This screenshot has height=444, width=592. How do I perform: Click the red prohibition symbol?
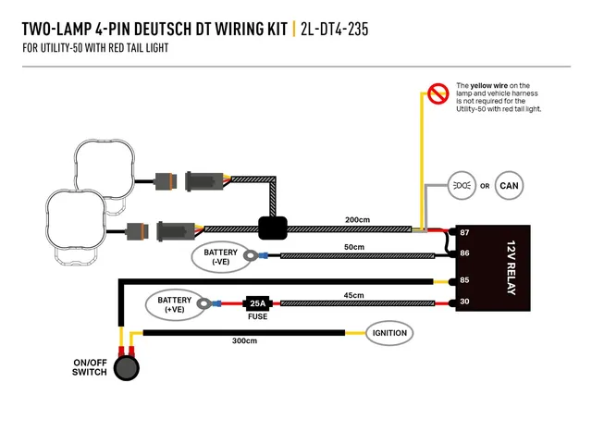(438, 93)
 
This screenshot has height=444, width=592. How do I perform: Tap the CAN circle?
(509, 185)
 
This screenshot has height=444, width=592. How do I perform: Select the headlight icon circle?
(462, 185)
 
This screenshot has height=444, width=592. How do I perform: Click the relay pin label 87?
(464, 232)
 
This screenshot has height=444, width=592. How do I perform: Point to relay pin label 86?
(464, 253)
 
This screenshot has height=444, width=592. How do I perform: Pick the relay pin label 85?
(464, 280)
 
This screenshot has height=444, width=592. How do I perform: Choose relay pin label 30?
(464, 302)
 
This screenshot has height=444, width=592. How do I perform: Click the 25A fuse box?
(257, 303)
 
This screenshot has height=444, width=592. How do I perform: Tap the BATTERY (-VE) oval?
(220, 257)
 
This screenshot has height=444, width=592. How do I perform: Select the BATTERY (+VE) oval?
(175, 304)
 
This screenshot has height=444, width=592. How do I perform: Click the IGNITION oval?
(389, 333)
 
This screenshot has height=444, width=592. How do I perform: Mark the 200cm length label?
(357, 220)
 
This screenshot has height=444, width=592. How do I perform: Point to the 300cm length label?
(244, 341)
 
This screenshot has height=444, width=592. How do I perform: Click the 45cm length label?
(353, 295)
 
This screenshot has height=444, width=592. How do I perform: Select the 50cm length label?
(354, 247)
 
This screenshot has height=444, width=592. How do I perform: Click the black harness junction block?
(273, 228)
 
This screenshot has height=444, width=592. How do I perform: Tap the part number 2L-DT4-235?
(334, 30)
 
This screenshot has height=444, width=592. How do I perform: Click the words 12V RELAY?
(511, 267)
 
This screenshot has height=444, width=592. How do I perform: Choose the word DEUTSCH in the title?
(163, 30)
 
